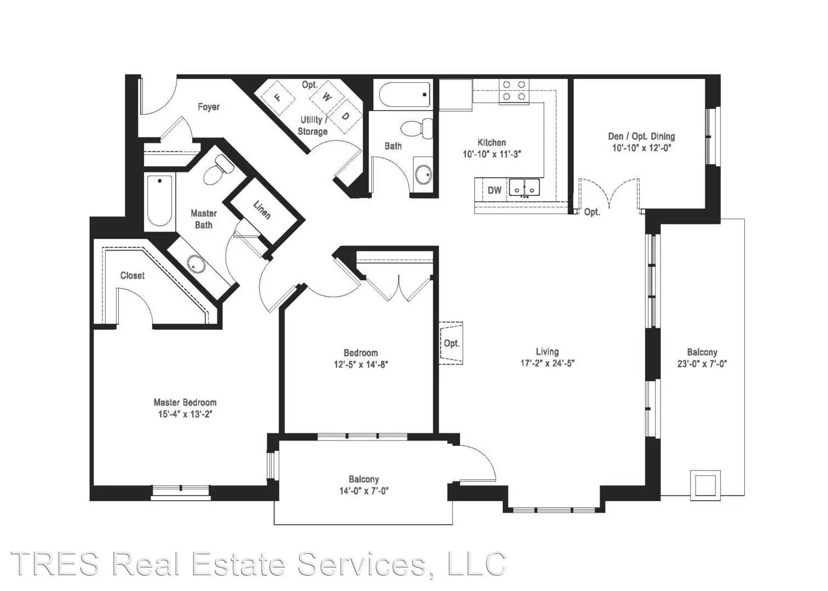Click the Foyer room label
pos(209,107)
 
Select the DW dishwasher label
pos(495,190)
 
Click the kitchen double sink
pos(524,188)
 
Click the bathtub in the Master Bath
pos(160,201)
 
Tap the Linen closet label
pos(262,210)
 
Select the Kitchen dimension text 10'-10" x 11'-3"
pos(492,154)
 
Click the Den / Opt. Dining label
pos(641,136)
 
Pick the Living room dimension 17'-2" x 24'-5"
pos(547,363)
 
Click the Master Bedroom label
pos(185,402)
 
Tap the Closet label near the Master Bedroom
pos(133,276)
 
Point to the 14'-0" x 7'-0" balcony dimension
pos(364,491)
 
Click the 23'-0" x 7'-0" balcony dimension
pos(702,364)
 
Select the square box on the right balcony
pos(705,485)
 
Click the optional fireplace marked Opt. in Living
pos(451,343)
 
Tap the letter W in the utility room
pos(326,97)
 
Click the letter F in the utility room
pos(278,97)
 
